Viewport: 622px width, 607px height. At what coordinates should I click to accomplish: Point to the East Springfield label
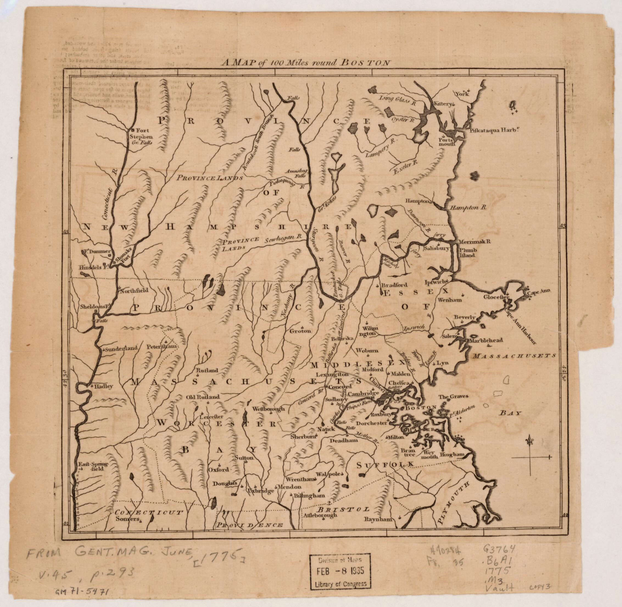pyautogui.click(x=93, y=467)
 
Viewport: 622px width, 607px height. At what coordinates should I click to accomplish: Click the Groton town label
pyautogui.click(x=300, y=331)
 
